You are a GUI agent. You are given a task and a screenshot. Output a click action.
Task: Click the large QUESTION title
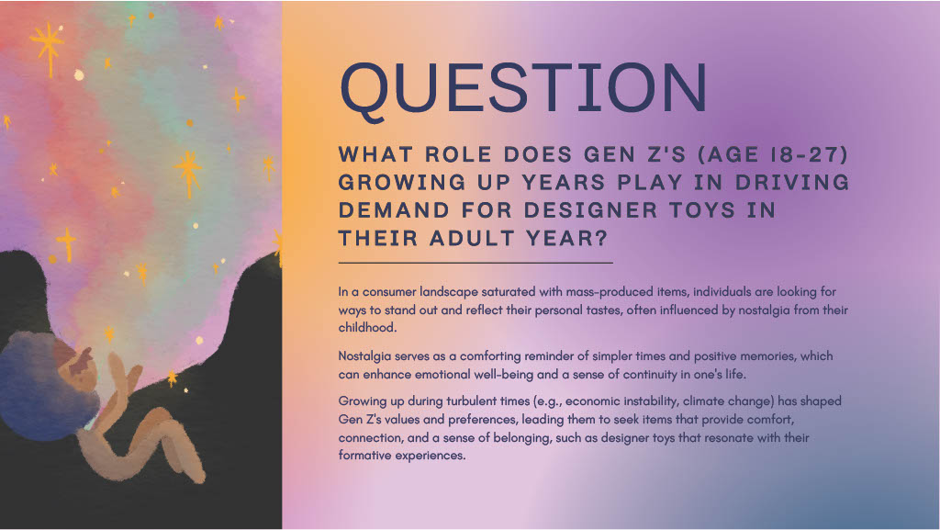(x=523, y=89)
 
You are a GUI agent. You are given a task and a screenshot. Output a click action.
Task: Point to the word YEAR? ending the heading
(x=567, y=239)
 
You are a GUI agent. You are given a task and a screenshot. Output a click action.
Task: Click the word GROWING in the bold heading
(x=402, y=182)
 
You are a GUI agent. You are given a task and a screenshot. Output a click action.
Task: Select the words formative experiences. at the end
(x=402, y=456)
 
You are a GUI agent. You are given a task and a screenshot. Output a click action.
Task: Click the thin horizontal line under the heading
(x=476, y=263)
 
